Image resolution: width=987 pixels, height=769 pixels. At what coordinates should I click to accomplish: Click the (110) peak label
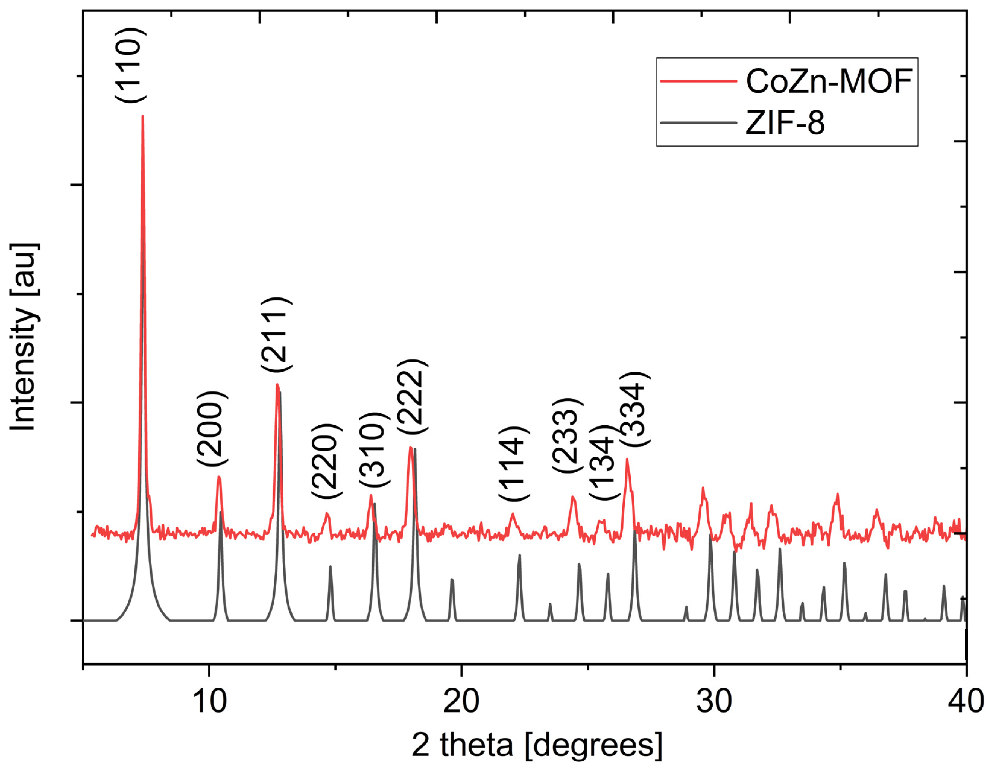click(x=131, y=65)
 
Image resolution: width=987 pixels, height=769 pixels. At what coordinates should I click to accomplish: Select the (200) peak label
click(x=212, y=428)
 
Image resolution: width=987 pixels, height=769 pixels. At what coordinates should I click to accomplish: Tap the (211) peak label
click(x=276, y=335)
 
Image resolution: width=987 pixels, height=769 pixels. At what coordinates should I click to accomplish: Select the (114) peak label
click(x=514, y=463)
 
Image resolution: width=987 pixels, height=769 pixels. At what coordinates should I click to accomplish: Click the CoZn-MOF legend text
click(x=829, y=81)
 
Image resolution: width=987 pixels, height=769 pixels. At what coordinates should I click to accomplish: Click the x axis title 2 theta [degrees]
click(x=537, y=745)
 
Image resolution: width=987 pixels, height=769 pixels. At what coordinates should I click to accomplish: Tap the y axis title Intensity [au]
click(x=24, y=337)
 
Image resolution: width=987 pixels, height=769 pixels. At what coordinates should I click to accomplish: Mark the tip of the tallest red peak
click(x=143, y=117)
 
